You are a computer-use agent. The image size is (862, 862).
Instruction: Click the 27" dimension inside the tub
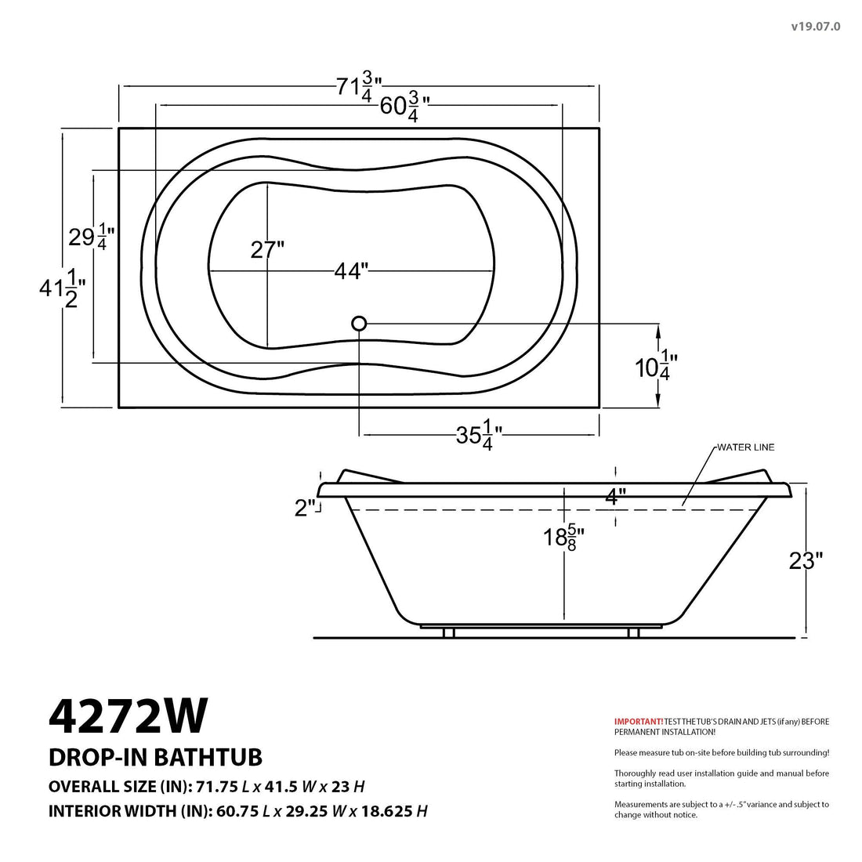click(267, 250)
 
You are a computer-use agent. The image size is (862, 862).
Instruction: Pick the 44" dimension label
click(350, 271)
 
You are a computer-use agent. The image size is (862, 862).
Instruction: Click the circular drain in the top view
click(359, 323)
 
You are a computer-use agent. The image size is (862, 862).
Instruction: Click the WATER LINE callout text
click(745, 447)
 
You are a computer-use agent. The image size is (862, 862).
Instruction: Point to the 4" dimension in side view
click(616, 496)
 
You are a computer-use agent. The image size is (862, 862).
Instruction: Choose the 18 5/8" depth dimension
click(563, 538)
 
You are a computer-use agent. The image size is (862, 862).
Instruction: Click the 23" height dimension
click(806, 560)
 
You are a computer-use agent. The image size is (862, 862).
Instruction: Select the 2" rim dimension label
click(306, 508)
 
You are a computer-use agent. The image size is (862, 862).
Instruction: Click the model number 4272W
click(129, 714)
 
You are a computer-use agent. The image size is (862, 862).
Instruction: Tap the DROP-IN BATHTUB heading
click(155, 757)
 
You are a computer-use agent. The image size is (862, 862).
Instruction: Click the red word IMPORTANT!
click(638, 721)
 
